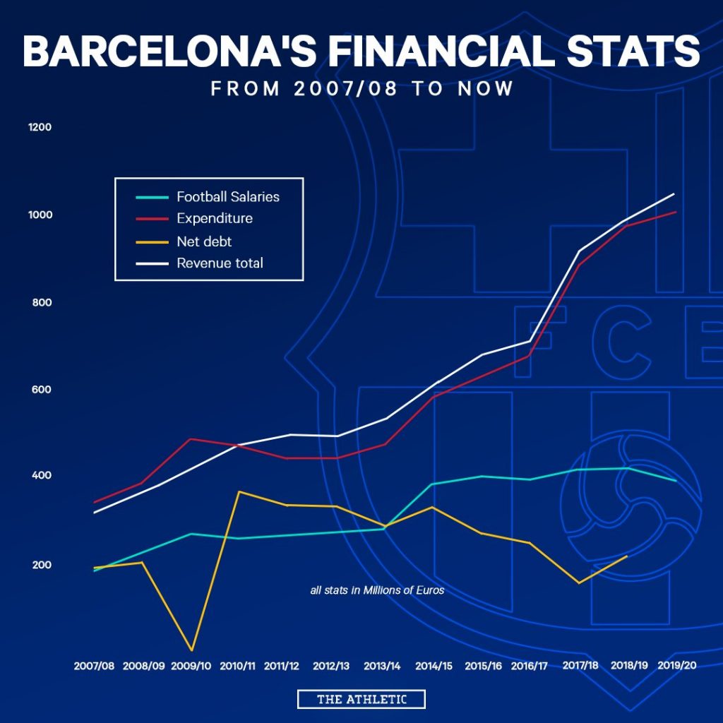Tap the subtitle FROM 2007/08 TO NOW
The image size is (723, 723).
tap(361, 90)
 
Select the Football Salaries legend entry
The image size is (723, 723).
tap(228, 196)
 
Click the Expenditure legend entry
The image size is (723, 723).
tap(215, 218)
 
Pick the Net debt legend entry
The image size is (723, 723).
tap(204, 241)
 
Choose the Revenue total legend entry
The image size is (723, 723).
tap(220, 263)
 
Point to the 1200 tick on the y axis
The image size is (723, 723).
tap(40, 127)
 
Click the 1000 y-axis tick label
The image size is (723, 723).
tap(40, 215)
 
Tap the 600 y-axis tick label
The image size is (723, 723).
tap(40, 389)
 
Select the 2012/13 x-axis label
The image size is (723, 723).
tap(331, 666)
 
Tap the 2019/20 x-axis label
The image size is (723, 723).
tap(676, 666)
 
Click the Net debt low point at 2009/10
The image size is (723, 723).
tap(191, 650)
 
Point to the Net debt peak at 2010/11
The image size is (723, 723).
tap(238, 491)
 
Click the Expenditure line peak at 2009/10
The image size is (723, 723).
tap(191, 439)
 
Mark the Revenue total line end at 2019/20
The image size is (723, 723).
tap(674, 193)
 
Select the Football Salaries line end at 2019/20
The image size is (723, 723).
tap(676, 481)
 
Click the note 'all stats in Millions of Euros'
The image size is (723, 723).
tap(377, 590)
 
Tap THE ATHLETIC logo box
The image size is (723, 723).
tap(361, 699)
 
